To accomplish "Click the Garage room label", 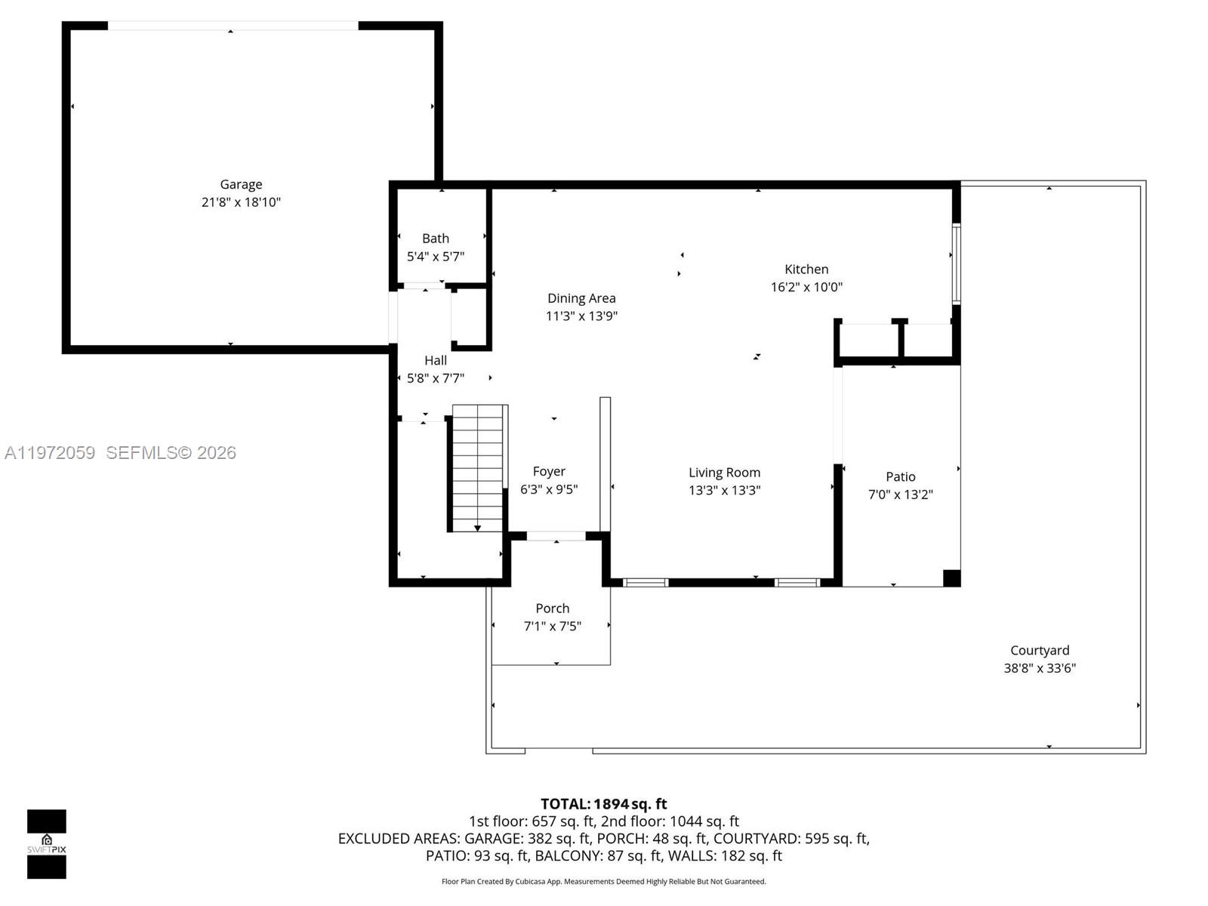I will coord(241,184).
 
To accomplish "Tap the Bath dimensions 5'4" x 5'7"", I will coord(436,257).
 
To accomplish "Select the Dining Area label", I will coord(581,298).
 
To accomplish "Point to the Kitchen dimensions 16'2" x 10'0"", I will coord(806,287).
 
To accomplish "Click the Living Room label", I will coord(724,473).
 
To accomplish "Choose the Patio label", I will coord(900,476).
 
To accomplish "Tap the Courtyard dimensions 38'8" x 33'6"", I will coord(1039,668).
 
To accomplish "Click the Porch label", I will coord(552,608).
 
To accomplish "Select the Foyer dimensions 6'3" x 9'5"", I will coord(549,489).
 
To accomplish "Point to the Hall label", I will coord(436,360).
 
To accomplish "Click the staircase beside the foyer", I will coord(477,468).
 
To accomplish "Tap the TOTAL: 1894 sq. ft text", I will coord(603,804).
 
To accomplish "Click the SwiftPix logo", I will coord(47,843).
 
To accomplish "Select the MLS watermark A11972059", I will coord(50,452).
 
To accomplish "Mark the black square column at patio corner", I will coord(951,578).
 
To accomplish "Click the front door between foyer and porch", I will coord(556,536).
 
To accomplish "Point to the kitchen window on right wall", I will coord(956,263).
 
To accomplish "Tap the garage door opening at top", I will coord(233,26).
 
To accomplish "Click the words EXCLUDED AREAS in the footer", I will coord(399,838).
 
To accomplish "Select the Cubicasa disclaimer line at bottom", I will coord(603,881).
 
